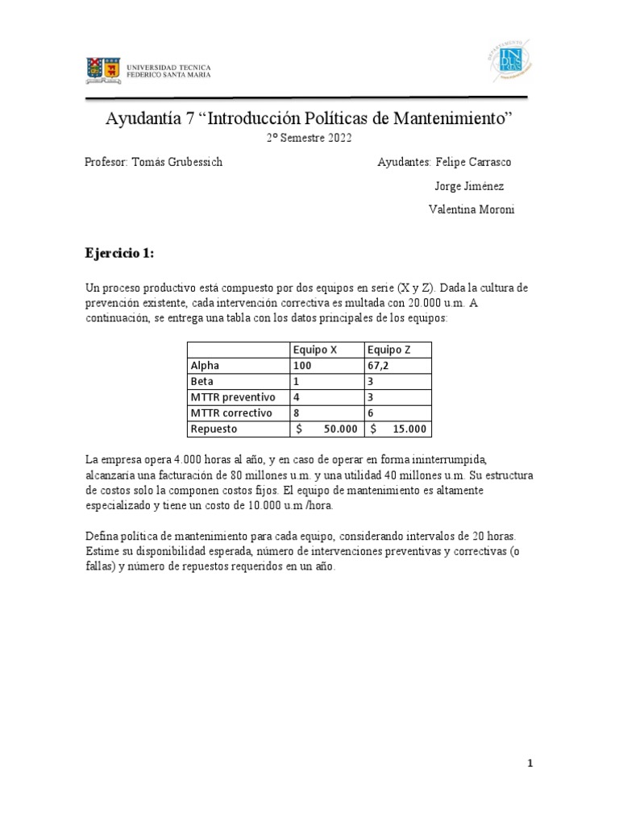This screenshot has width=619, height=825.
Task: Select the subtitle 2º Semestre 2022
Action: coord(309,139)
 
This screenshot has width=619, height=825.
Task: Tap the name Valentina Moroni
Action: coord(472,209)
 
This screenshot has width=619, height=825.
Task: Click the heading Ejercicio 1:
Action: coord(118,253)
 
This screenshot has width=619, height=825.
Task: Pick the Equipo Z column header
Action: coord(390,350)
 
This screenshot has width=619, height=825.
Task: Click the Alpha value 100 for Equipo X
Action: coord(302,365)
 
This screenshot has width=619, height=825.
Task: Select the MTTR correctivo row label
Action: coord(232,413)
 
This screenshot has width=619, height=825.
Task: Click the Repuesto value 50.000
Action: coord(339,429)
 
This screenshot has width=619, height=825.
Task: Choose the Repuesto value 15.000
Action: coord(410,429)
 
